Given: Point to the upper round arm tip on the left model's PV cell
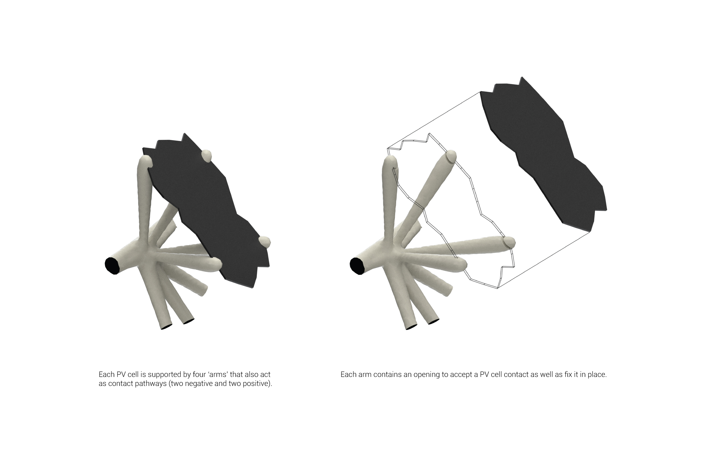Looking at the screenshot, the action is coord(206,156).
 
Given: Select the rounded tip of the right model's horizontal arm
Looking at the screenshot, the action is coord(509,242).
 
